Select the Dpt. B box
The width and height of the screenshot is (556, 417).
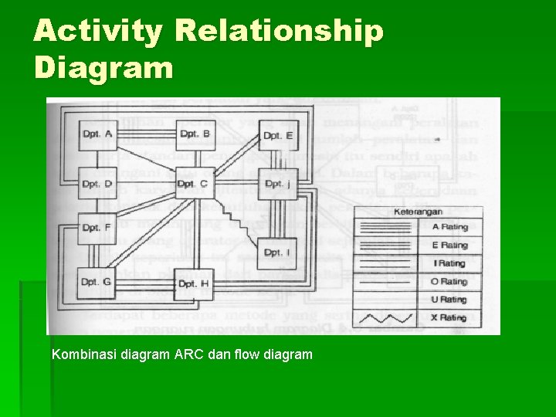[x=195, y=135]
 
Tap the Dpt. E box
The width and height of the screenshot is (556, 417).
[x=278, y=137]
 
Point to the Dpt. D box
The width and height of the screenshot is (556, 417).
[x=97, y=185]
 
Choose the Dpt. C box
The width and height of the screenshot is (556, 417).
[x=193, y=184]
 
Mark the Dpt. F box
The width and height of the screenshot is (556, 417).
[x=97, y=228]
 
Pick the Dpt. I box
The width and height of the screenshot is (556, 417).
[x=276, y=253]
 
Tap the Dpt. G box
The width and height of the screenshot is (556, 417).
[x=97, y=282]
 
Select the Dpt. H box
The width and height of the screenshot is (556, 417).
[x=193, y=283]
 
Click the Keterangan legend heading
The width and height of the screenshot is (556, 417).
[x=417, y=211]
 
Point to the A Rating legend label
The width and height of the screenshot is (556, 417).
[x=449, y=227]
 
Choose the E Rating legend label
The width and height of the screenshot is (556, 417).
[x=449, y=246]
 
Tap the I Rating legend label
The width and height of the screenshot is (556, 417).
[x=449, y=263]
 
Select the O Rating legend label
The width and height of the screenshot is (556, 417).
[x=449, y=282]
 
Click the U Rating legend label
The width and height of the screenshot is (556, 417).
[x=449, y=300]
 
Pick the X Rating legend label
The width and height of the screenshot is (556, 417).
[x=449, y=317]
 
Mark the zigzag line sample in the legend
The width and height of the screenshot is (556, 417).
[x=385, y=317]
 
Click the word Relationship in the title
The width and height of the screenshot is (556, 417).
[x=279, y=31]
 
